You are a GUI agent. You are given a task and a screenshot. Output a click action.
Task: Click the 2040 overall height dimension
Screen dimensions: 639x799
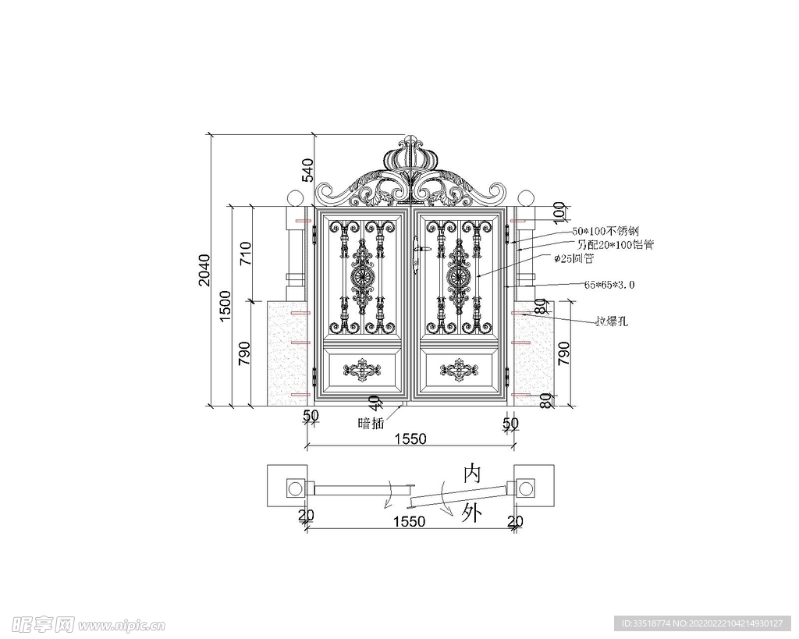coord(204,269)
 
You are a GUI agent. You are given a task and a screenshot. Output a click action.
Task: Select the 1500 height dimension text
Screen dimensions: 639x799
coord(225,306)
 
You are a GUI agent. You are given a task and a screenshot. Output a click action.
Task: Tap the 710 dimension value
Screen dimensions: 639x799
coord(244,254)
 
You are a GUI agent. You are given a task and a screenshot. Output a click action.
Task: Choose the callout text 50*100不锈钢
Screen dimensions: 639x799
coord(605,232)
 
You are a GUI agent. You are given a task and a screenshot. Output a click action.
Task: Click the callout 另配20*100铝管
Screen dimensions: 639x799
coord(616,245)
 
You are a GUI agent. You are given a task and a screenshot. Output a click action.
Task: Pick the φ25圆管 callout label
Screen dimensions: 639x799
coord(574,258)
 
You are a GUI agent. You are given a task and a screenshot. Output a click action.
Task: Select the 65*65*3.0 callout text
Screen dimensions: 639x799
coord(609,285)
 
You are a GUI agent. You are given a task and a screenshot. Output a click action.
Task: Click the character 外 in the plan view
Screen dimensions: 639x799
coord(471,513)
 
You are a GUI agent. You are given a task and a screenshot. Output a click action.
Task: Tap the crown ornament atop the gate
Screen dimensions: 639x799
coord(410,155)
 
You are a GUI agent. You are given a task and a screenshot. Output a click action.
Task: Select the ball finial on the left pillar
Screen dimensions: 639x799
coord(295,197)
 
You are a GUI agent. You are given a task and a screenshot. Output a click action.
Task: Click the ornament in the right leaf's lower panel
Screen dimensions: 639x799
coord(459,370)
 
